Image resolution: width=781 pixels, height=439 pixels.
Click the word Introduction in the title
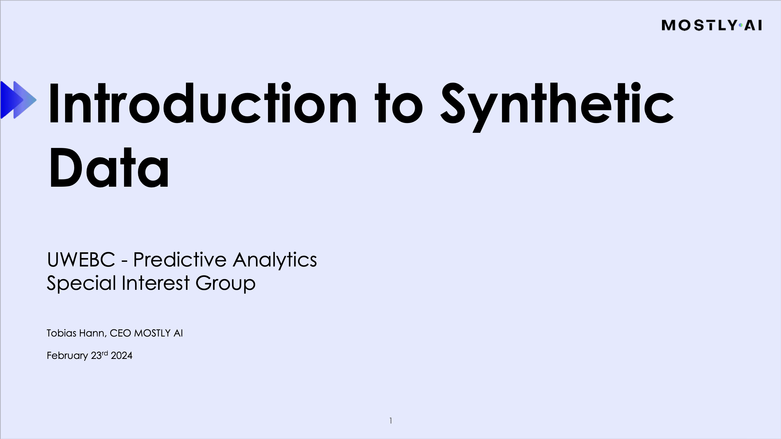pyautogui.click(x=202, y=104)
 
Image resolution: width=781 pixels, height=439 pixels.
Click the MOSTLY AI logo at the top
pyautogui.click(x=712, y=25)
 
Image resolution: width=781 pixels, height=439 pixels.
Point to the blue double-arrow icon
pyautogui.click(x=18, y=100)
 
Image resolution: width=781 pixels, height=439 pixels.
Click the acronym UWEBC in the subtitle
pyautogui.click(x=81, y=260)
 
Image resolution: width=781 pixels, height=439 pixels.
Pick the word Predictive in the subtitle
pyautogui.click(x=180, y=260)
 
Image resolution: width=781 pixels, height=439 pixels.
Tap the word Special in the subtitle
pyautogui.click(x=81, y=283)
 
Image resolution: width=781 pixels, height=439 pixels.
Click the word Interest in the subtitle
pyautogui.click(x=155, y=283)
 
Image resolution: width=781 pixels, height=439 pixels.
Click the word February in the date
pyautogui.click(x=67, y=356)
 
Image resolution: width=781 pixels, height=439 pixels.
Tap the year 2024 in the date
pyautogui.click(x=122, y=356)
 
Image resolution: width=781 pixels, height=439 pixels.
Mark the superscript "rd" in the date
pyautogui.click(x=104, y=353)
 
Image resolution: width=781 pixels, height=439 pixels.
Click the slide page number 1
pyautogui.click(x=391, y=421)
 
